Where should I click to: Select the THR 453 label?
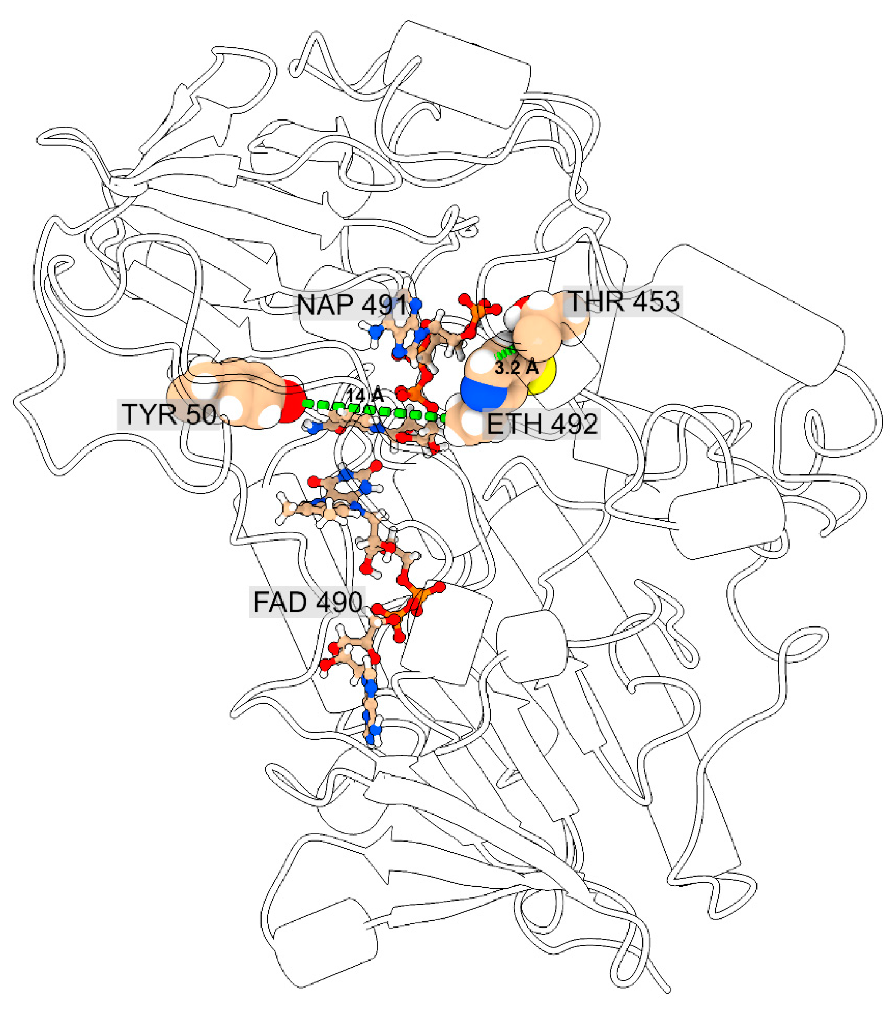tap(624, 301)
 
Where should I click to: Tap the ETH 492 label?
tap(542, 424)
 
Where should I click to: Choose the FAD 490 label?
tap(308, 602)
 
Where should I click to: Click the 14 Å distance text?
tap(364, 395)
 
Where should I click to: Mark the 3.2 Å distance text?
tap(516, 367)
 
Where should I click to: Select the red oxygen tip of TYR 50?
tap(293, 403)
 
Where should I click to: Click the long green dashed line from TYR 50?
tap(371, 410)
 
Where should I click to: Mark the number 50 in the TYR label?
tap(201, 414)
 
